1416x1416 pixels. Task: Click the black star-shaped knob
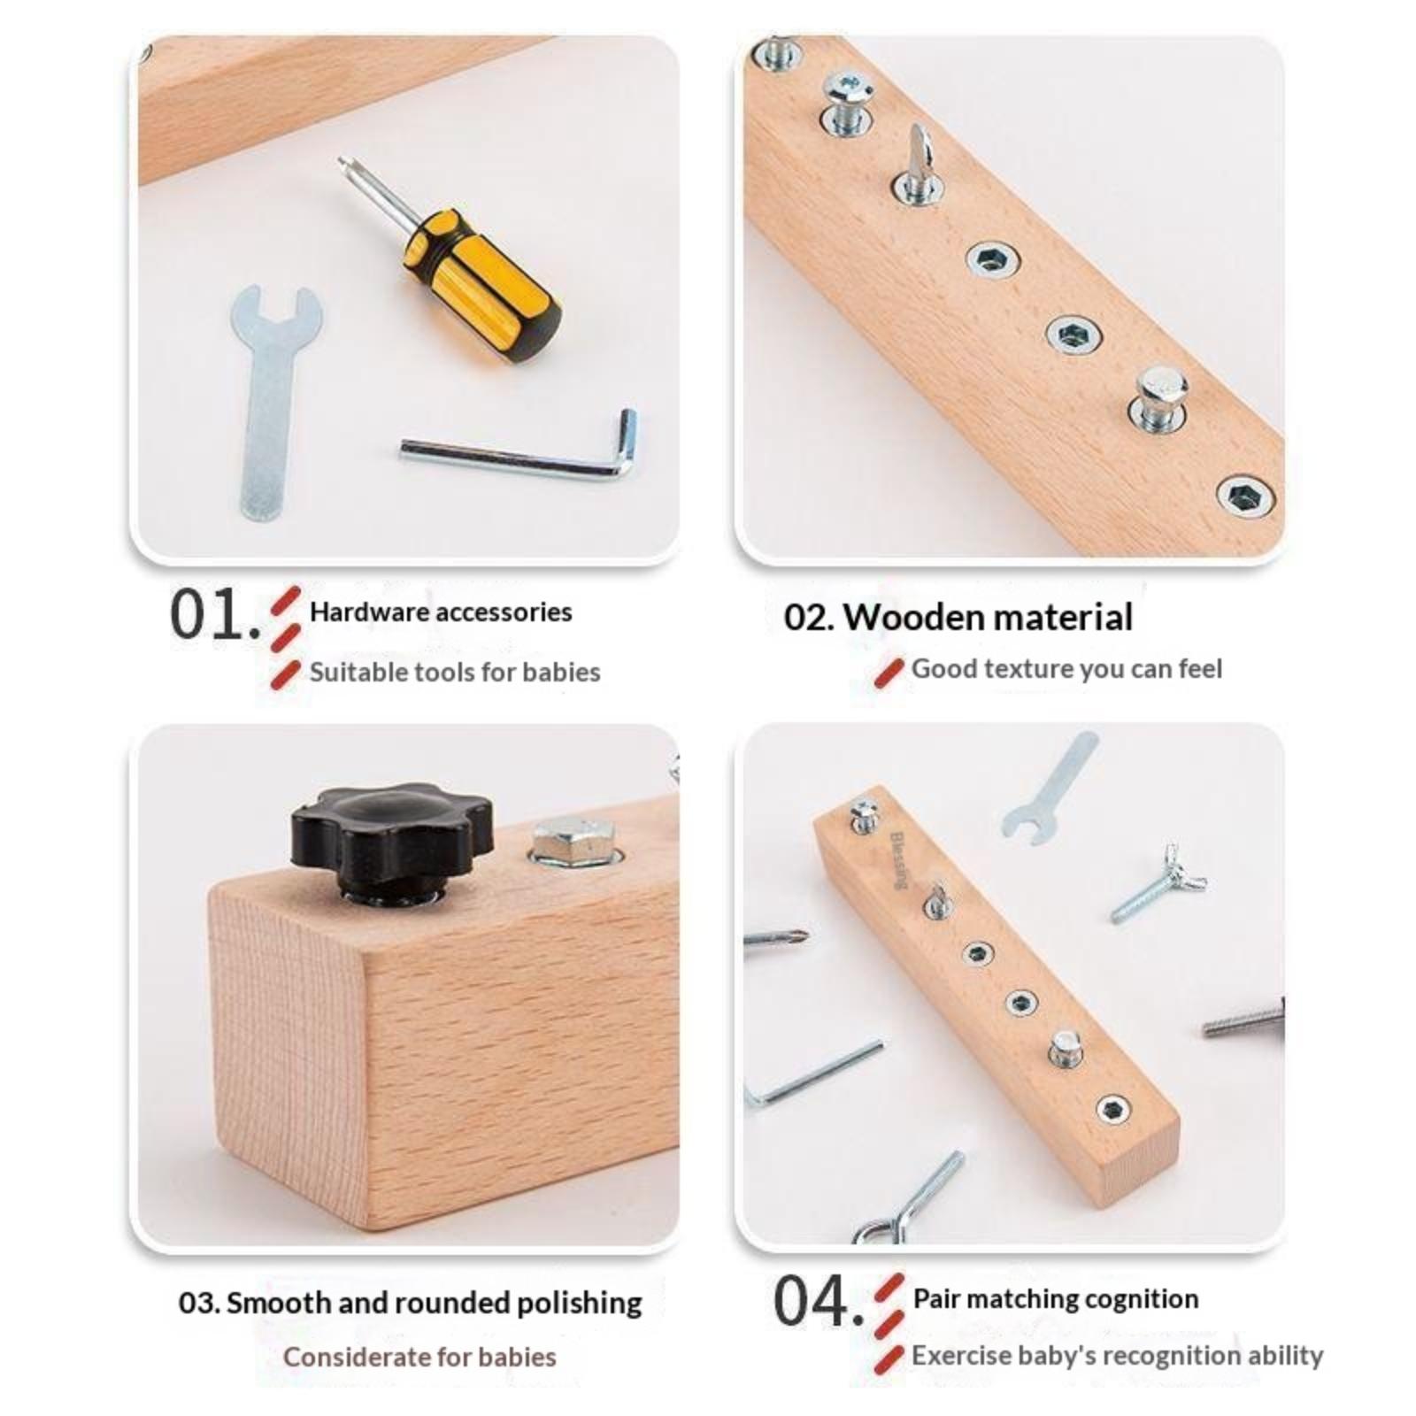pos(392,841)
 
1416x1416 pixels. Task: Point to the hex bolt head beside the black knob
pos(573,841)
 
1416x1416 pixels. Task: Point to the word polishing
pos(579,1304)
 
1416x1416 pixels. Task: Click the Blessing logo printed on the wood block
pos(897,858)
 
